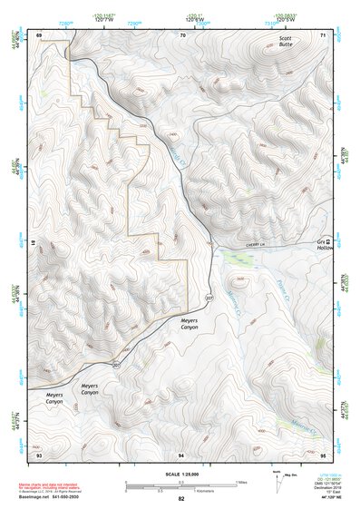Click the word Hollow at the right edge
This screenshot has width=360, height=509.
(x=325, y=250)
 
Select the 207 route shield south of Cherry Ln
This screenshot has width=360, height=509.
(x=209, y=299)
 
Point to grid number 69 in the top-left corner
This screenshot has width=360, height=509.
(x=40, y=34)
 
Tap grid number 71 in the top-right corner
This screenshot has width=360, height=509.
(x=324, y=34)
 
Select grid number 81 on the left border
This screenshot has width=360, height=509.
(x=34, y=244)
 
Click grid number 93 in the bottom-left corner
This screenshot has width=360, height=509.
(x=40, y=454)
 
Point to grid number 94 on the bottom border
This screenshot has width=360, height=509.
(x=182, y=454)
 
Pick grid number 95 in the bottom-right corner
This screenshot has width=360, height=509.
(x=324, y=454)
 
